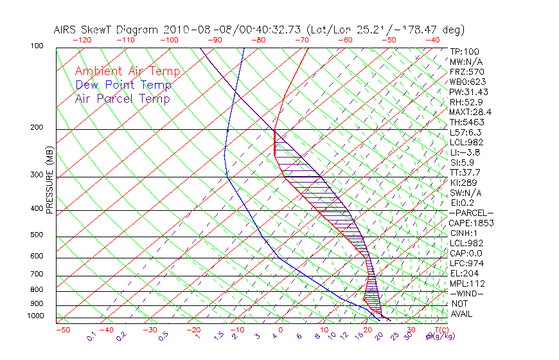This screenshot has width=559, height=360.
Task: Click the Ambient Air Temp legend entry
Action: pos(127,71)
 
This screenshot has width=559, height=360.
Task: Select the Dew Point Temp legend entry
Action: pos(123,85)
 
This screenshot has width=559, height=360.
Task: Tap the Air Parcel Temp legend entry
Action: pos(122,98)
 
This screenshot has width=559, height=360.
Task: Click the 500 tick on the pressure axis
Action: pos(37,235)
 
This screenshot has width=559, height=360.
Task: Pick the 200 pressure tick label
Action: pos(37,128)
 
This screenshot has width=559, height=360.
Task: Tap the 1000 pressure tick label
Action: pos(35,316)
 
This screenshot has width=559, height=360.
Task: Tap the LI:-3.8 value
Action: pos(465,152)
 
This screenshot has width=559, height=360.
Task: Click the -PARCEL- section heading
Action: pos(471,213)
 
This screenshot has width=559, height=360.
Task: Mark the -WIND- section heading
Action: pos(466,293)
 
